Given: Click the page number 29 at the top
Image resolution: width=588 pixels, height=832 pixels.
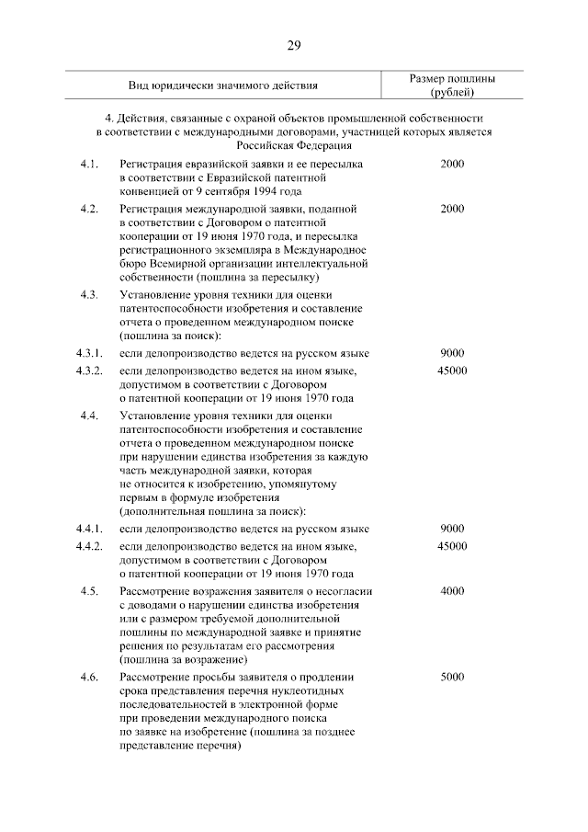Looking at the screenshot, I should (x=294, y=45).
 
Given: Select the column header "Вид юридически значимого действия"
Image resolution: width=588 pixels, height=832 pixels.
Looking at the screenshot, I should (x=223, y=85).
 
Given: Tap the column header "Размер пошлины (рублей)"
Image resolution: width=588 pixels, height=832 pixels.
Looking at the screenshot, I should (x=452, y=85).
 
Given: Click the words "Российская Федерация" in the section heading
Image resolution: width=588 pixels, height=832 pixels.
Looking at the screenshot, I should (x=294, y=145).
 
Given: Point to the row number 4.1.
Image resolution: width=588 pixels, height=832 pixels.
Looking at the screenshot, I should (x=89, y=163).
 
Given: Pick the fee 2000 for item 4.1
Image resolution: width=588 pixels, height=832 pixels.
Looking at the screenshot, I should (x=452, y=163).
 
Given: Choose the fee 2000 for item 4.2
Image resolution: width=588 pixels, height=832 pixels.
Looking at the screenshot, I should (x=452, y=209).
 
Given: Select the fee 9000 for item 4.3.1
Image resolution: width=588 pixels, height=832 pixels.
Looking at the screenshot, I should (x=452, y=353).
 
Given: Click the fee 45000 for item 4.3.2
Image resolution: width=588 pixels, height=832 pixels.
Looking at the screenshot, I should (x=452, y=370).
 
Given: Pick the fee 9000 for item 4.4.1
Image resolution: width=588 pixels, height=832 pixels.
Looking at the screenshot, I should (x=452, y=529).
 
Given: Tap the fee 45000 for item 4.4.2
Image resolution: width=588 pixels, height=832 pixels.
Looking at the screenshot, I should (x=452, y=546).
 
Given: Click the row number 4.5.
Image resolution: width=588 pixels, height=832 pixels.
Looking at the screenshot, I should (x=89, y=591).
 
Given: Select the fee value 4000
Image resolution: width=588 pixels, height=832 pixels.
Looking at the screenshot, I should (x=452, y=591).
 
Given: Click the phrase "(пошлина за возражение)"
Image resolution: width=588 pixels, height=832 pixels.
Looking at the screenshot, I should (x=184, y=660).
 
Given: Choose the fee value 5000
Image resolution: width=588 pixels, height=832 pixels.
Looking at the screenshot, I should (x=452, y=678).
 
